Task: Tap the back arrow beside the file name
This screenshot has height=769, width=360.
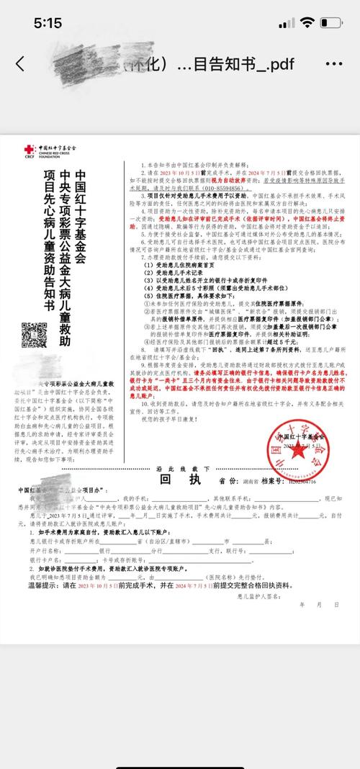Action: point(19,63)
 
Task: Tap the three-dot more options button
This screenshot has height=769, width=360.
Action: point(333,63)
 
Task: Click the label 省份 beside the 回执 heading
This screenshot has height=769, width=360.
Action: point(230,501)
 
